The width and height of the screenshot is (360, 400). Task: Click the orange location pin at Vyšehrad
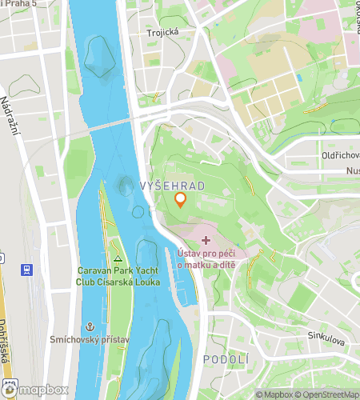coord(181,200)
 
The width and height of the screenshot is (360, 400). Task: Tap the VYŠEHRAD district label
coord(172,186)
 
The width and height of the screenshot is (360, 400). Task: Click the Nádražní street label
coord(13,123)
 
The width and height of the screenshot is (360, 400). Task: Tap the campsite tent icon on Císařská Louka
coord(118,258)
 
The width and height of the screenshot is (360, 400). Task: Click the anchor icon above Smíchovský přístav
coord(90,326)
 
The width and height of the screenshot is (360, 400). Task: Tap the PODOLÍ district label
coord(226,360)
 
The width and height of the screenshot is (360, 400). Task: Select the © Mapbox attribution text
coord(275,394)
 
